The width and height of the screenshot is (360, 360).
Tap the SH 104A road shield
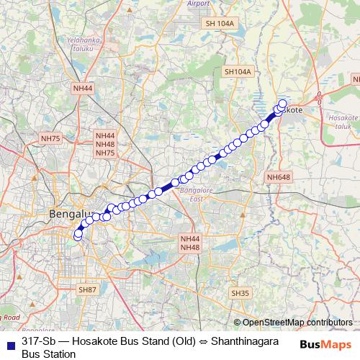pyautogui.click(x=220, y=24)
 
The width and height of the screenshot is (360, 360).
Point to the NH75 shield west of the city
pyautogui.click(x=51, y=138)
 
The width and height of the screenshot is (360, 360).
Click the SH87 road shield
pyautogui.click(x=86, y=289)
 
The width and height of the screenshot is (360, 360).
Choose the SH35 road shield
pyautogui.click(x=240, y=293)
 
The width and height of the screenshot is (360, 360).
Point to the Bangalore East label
pyautogui.click(x=193, y=194)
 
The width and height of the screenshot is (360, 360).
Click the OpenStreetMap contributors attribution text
pyautogui.click(x=297, y=323)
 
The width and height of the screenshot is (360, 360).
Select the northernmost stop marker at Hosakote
pyautogui.click(x=282, y=103)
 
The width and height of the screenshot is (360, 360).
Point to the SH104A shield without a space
pyautogui.click(x=238, y=72)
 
